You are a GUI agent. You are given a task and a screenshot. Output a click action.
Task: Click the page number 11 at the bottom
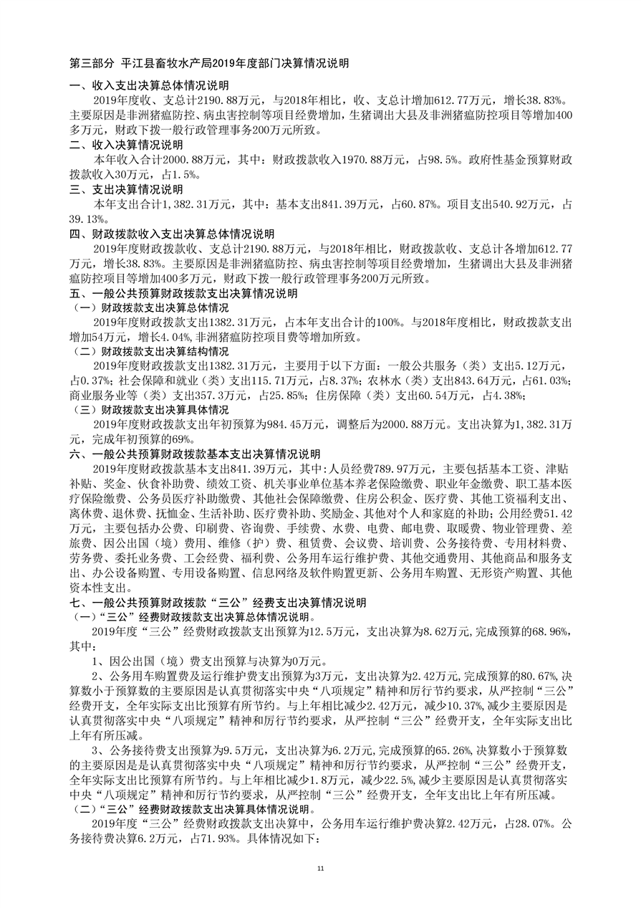point(320,869)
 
